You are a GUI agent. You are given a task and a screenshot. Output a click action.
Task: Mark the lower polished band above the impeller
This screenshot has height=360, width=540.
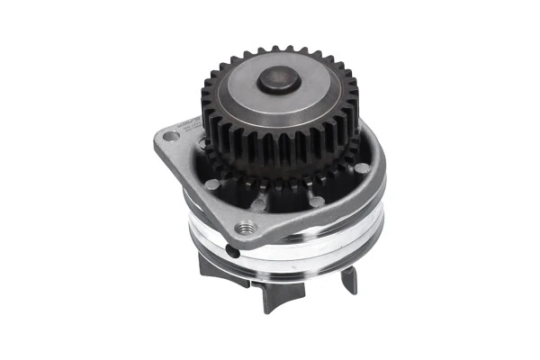tap(297, 262)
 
